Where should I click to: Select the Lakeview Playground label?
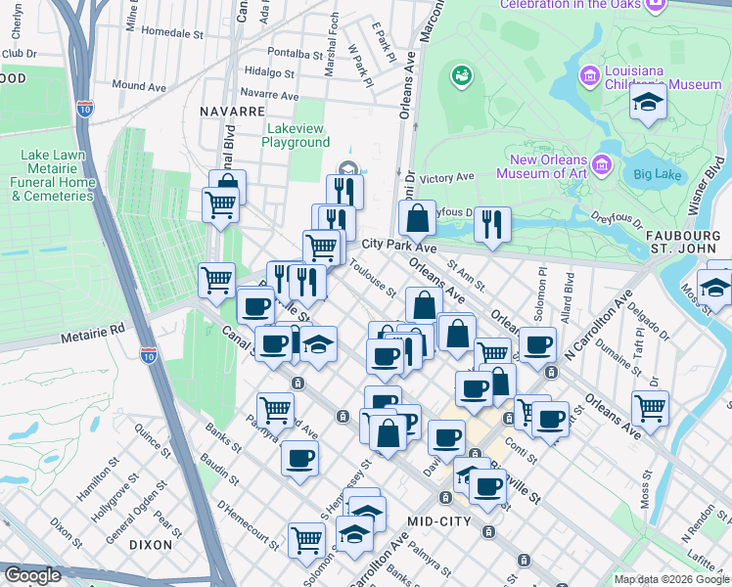(296, 135)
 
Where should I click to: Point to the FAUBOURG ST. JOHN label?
(689, 244)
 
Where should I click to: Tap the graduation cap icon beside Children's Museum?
(647, 103)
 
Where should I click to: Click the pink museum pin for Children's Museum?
(589, 75)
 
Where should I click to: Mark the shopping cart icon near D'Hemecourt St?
(306, 538)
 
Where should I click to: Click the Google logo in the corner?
(32, 575)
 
